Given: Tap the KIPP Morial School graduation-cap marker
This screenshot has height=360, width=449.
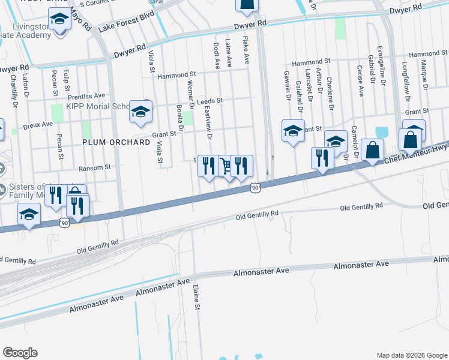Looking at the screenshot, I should [x=140, y=112].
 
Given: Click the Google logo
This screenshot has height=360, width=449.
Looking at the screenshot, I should [x=20, y=353].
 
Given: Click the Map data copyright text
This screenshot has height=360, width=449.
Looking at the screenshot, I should [x=411, y=355].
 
